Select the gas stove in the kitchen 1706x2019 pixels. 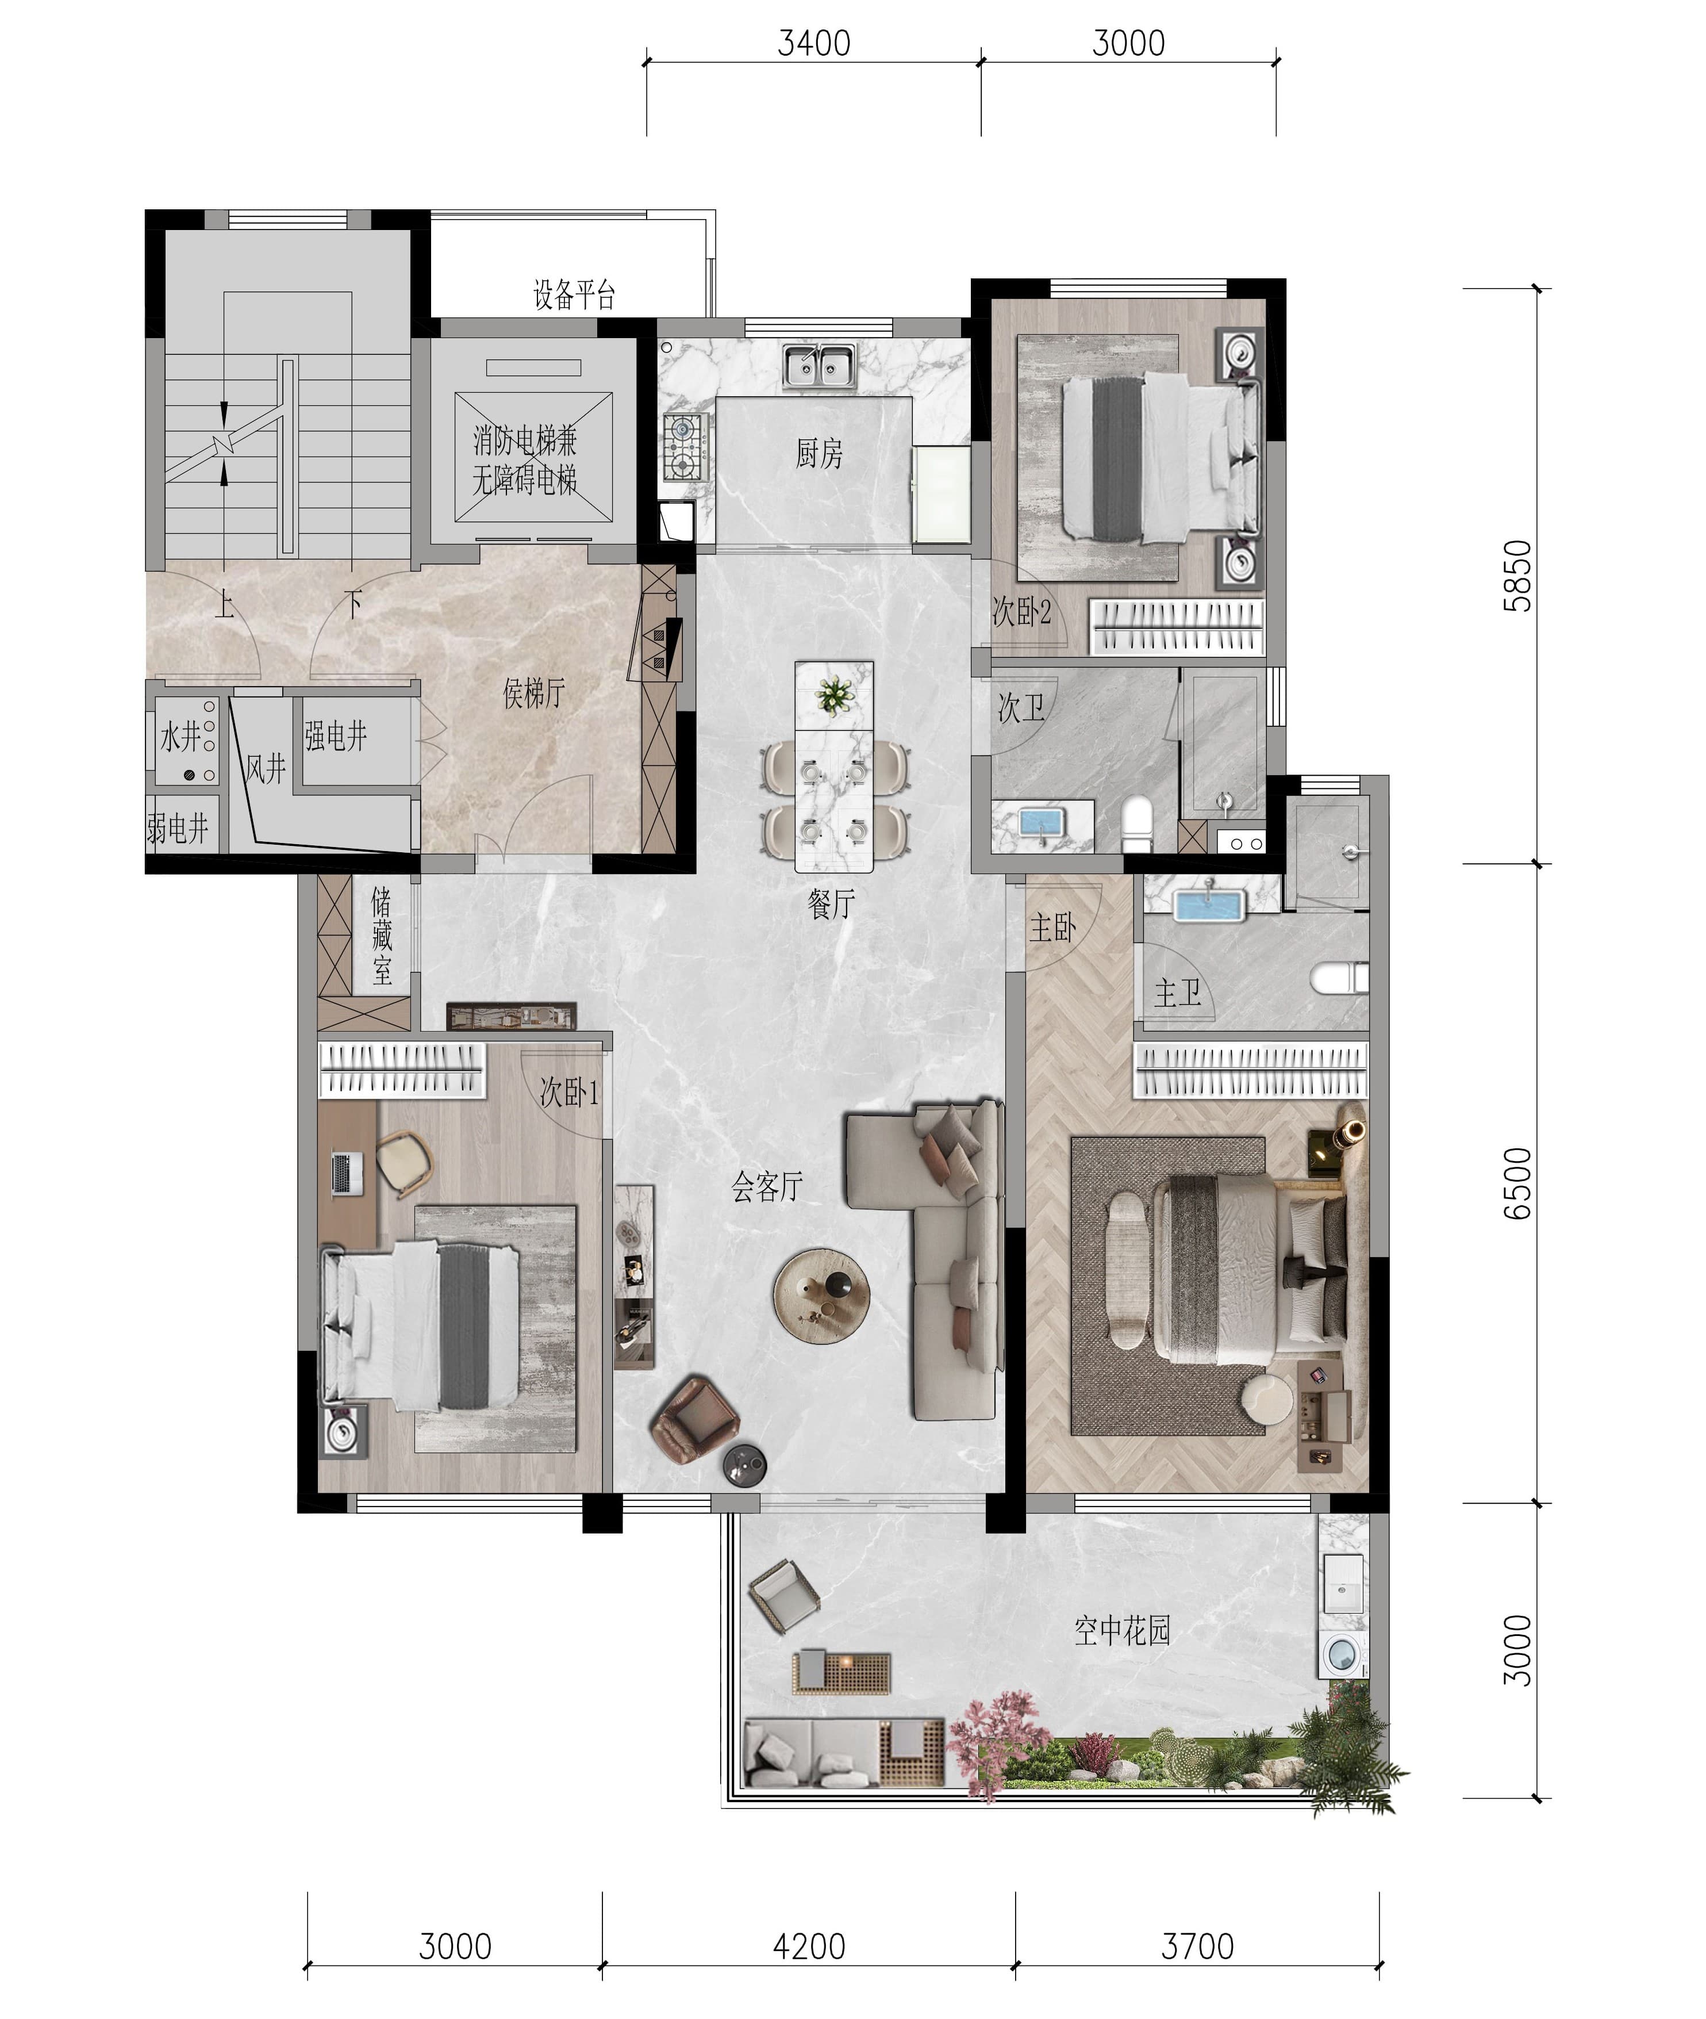(x=686, y=448)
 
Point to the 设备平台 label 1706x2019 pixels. (x=574, y=294)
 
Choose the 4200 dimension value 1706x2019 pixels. (x=809, y=1945)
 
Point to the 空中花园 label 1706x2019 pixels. (x=1122, y=1631)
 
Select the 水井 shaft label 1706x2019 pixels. (x=181, y=737)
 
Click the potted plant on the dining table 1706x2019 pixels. (x=833, y=695)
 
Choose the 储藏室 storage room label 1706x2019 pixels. (x=382, y=936)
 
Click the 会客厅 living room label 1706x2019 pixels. (x=767, y=1186)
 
